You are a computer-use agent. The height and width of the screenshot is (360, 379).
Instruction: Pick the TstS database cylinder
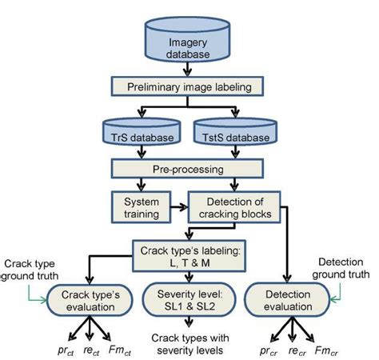pyautogui.click(x=233, y=137)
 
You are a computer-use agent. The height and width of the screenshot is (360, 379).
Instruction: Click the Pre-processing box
pyautogui.click(x=190, y=170)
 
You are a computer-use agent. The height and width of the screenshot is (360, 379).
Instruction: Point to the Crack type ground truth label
pyautogui.click(x=30, y=270)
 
